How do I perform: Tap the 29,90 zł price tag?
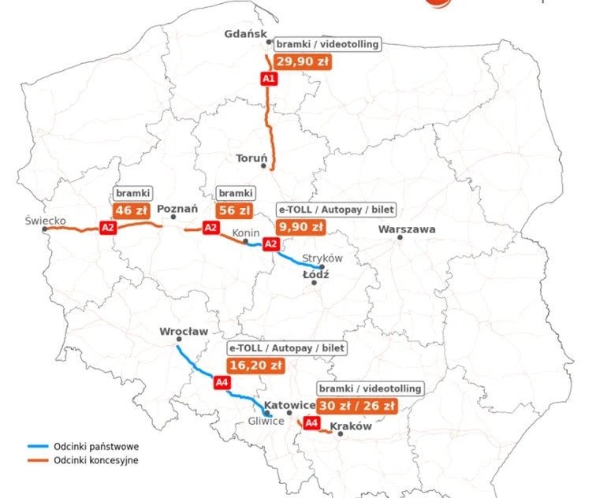pyautogui.click(x=303, y=61)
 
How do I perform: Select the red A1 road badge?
pyautogui.click(x=268, y=79)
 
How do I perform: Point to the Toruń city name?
pyautogui.click(x=252, y=158)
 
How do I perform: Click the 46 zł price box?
pyautogui.click(x=132, y=210)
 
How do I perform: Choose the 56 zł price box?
pyautogui.click(x=234, y=210)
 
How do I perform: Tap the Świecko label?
pyautogui.click(x=45, y=221)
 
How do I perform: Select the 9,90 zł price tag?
pyautogui.click(x=300, y=227)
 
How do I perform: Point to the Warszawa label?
pyautogui.click(x=407, y=229)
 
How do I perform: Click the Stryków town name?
pyautogui.click(x=322, y=258)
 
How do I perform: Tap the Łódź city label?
pyautogui.click(x=315, y=275)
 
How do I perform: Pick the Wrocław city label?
pyautogui.click(x=184, y=332)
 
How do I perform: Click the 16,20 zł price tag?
pyautogui.click(x=255, y=365)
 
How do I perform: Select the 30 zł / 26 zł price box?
pyautogui.click(x=357, y=405)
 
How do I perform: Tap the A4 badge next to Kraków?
pyautogui.click(x=311, y=423)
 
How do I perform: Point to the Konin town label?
pyautogui.click(x=245, y=234)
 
